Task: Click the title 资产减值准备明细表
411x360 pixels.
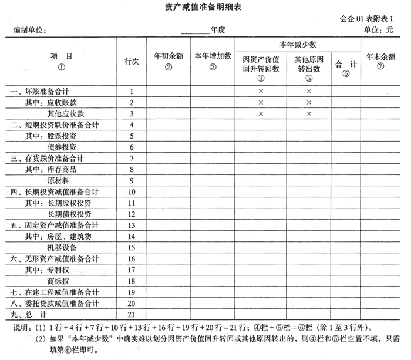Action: click(205, 8)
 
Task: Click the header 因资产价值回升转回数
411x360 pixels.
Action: click(260, 63)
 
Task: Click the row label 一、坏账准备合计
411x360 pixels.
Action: click(41, 91)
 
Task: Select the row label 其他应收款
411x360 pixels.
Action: click(66, 113)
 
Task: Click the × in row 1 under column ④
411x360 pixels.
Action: click(260, 92)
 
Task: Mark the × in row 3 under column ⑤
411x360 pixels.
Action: click(309, 114)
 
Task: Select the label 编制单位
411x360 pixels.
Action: click(30, 30)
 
